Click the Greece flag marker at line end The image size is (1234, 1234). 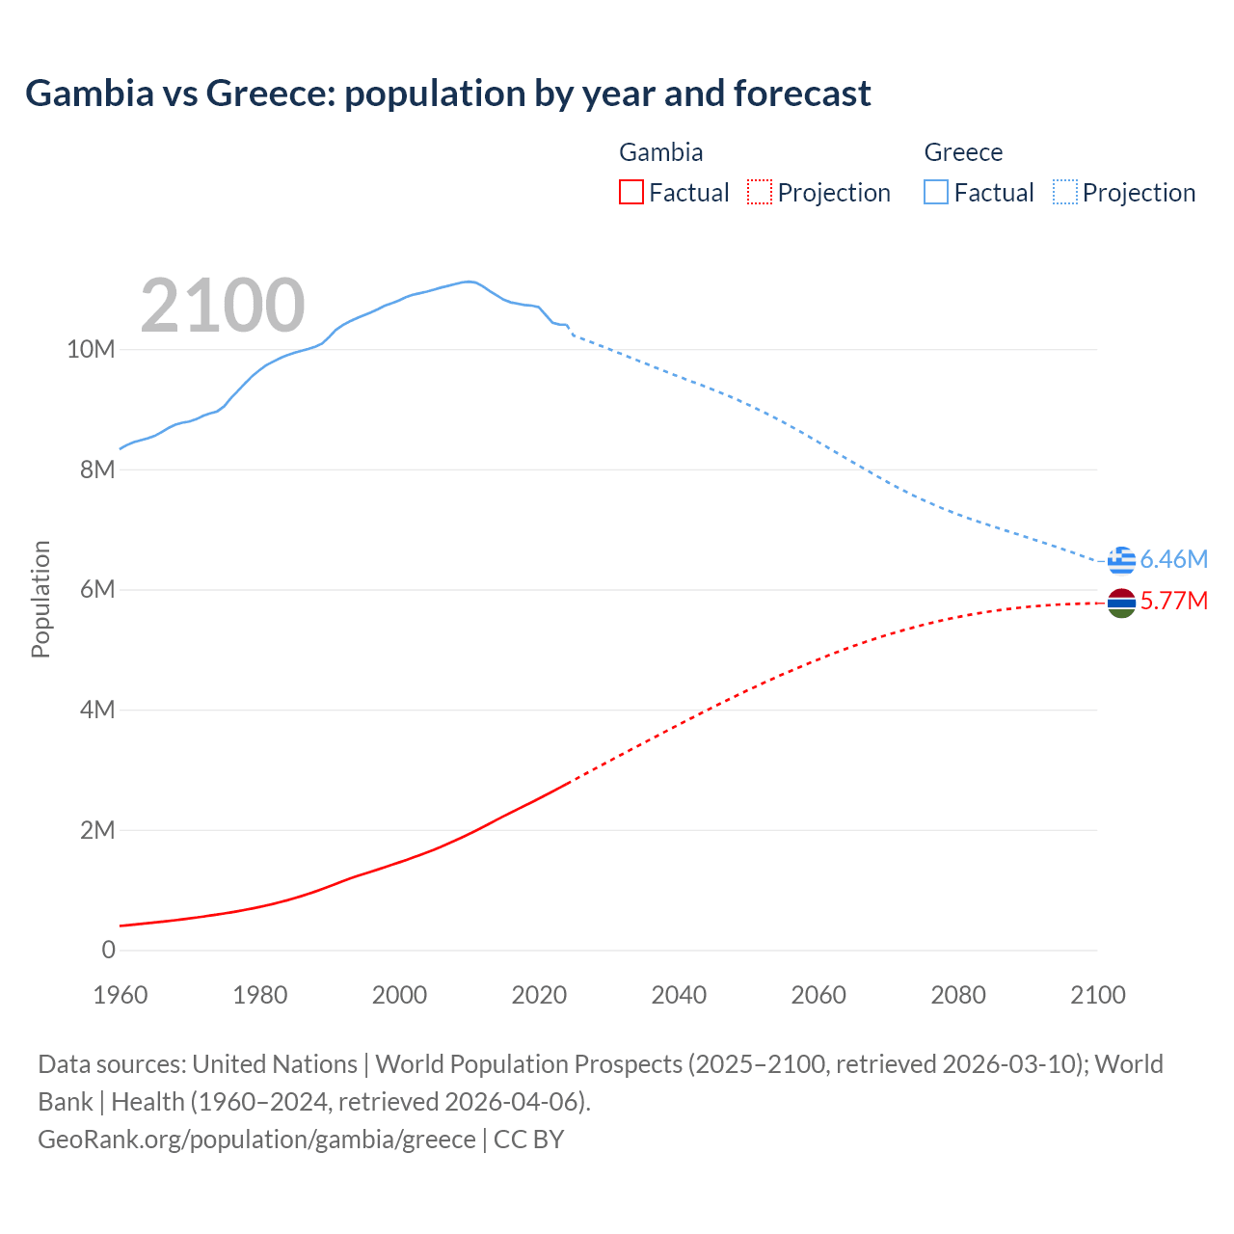[1121, 560]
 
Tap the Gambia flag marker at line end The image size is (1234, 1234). [1121, 604]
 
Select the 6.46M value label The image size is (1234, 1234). [1173, 559]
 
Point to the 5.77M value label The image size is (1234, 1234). [1173, 601]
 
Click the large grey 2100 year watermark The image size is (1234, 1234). [223, 306]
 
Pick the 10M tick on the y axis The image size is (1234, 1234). [91, 349]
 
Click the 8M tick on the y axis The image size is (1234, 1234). [96, 469]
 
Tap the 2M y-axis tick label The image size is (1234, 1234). [96, 830]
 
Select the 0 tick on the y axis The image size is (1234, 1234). [108, 950]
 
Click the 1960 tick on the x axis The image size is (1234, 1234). [121, 995]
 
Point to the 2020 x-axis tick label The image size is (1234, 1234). [539, 995]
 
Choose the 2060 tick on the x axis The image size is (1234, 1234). [818, 995]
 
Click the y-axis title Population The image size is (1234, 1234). [40, 600]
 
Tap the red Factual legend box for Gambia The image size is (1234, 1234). [631, 193]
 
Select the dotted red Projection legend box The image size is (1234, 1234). [760, 193]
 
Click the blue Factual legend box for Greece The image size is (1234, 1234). [936, 193]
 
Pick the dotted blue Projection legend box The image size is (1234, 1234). [1065, 193]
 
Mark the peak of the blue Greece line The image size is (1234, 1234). [469, 282]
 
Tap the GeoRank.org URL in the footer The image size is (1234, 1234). [256, 1139]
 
